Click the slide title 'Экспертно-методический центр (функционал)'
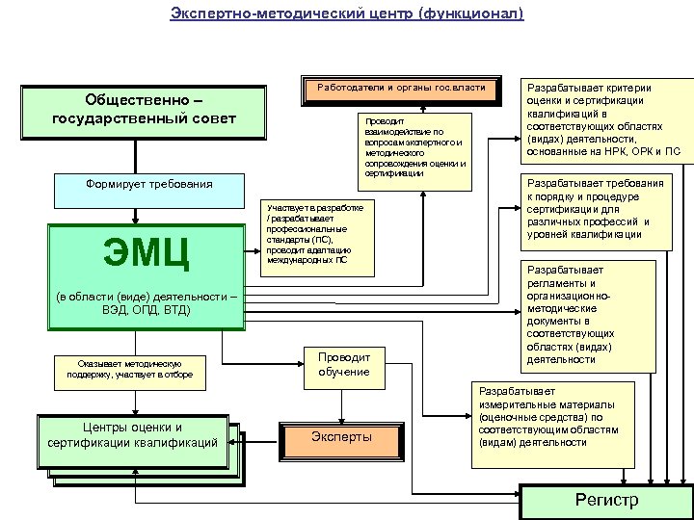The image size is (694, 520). pos(347,13)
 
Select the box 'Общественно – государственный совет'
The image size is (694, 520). pos(144,110)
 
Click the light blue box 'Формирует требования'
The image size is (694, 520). pos(148,184)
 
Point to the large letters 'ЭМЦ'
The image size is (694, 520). pos(147,252)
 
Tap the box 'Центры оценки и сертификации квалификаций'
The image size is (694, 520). pos(132,435)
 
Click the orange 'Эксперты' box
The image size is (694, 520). pos(340,437)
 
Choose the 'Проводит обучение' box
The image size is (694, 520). pos(343,363)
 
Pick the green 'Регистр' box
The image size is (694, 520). pos(606,500)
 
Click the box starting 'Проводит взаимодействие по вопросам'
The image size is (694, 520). pos(414,147)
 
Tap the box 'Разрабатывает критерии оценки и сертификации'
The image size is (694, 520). pos(596,117)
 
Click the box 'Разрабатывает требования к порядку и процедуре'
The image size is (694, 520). pos(596,209)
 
